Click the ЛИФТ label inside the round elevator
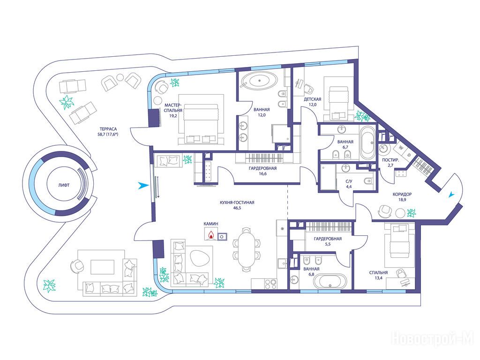[x=64, y=185]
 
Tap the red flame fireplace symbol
[x=211, y=235]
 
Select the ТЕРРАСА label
[x=108, y=129]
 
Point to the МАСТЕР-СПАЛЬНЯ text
[x=173, y=107]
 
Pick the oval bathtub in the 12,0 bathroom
[x=259, y=81]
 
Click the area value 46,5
[x=237, y=208]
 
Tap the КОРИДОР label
[x=402, y=194]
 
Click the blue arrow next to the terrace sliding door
[x=142, y=186]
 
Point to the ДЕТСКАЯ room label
[x=312, y=99]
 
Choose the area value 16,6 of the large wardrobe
[x=262, y=173]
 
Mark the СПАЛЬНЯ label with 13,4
[x=378, y=272]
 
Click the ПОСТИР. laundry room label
[x=390, y=160]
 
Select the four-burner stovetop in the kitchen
[x=270, y=284]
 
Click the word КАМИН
[x=211, y=224]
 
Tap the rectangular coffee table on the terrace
[x=102, y=267]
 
